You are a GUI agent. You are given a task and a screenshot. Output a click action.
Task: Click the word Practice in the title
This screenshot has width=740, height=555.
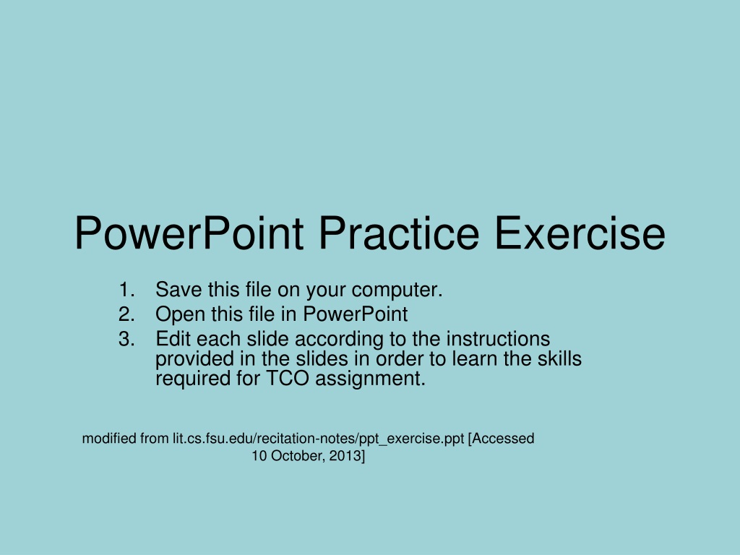click(x=399, y=233)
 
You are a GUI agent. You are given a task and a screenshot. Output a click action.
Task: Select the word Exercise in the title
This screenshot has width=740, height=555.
click(x=580, y=233)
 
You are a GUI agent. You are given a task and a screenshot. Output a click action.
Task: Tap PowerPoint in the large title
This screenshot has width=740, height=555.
click(x=189, y=233)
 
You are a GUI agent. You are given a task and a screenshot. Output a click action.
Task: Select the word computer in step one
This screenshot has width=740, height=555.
click(x=397, y=291)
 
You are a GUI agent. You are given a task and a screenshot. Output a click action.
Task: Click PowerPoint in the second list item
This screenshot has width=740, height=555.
click(x=356, y=314)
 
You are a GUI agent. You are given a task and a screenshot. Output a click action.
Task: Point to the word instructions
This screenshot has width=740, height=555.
click(x=498, y=339)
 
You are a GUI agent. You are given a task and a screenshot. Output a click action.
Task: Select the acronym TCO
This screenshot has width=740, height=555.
click(x=288, y=379)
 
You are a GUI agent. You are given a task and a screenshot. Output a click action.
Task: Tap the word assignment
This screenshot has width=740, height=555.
click(x=371, y=379)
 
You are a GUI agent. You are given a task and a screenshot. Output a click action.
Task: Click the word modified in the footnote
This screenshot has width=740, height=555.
click(x=109, y=439)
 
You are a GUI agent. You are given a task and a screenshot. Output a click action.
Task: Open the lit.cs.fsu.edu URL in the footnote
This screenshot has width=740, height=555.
click(x=319, y=439)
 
